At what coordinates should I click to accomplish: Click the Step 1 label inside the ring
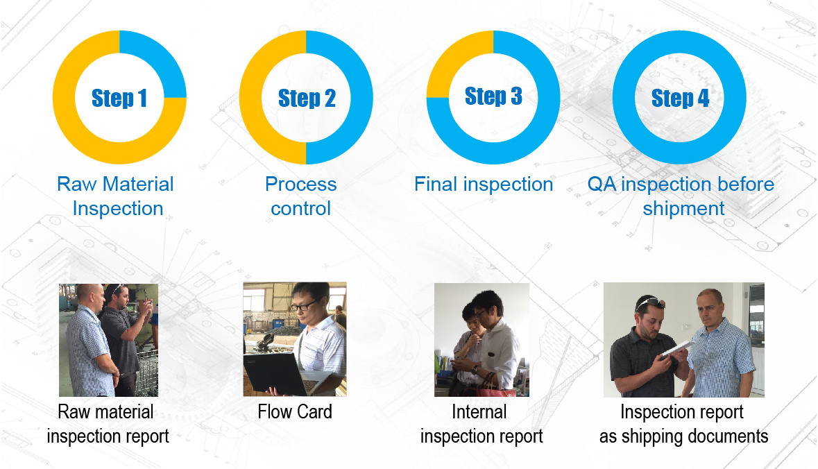pos(119,98)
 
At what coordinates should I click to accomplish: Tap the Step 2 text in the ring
pos(306,98)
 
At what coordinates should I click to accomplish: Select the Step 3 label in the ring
pos(493,96)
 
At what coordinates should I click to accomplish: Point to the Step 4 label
pos(680,98)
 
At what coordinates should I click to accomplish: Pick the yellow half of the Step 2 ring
pos(250,98)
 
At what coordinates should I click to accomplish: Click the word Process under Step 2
pos(300,184)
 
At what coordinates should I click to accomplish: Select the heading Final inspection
pos(484,184)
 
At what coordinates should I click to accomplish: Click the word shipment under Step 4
pos(683,209)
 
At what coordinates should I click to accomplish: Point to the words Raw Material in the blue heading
pos(115,184)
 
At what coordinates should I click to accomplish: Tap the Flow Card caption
pos(295,411)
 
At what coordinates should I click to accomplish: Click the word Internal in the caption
pos(479,411)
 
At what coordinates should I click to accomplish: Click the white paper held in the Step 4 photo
pos(676,349)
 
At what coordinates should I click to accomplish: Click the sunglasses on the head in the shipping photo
pos(650,302)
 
